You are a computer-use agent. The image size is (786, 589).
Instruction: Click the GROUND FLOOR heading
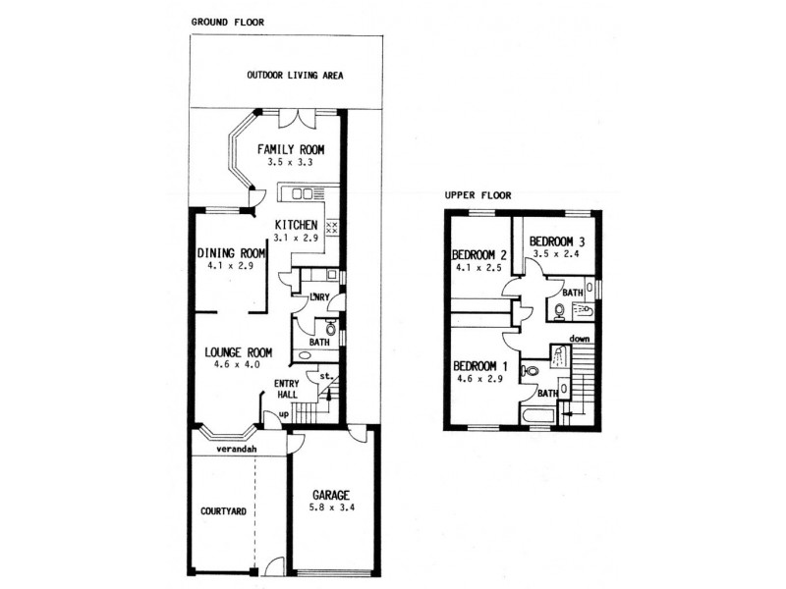coord(227,22)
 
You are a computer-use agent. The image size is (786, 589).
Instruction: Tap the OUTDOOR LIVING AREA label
coord(295,76)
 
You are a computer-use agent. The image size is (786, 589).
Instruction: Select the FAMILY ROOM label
coord(291,149)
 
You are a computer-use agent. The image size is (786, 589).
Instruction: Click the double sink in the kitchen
coord(302,193)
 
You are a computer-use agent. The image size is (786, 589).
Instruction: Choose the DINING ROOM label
coord(232,251)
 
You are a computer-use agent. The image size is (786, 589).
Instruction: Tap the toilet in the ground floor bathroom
coord(331,327)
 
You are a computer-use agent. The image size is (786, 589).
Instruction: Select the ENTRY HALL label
coord(286,389)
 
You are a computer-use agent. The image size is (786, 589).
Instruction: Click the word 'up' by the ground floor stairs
coord(285,415)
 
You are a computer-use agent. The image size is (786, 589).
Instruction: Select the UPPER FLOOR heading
coord(478,195)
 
